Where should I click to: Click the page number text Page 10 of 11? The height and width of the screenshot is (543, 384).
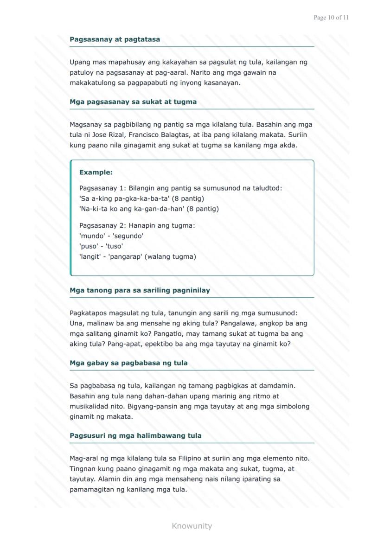tap(331, 18)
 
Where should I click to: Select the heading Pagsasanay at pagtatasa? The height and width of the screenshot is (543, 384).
tap(115, 39)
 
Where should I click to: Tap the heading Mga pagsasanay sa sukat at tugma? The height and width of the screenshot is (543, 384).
tap(133, 102)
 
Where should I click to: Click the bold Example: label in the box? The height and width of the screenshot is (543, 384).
tap(96, 172)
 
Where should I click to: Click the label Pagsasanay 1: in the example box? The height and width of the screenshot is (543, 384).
tap(102, 188)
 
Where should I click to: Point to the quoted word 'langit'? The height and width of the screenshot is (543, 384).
tap(90, 256)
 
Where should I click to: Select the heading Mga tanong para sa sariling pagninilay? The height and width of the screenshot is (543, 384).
tap(140, 291)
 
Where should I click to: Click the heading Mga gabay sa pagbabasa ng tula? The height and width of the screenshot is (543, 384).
tap(128, 363)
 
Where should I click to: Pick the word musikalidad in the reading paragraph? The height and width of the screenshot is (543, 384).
tap(90, 406)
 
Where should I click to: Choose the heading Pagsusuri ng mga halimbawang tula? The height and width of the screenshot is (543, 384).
tap(135, 436)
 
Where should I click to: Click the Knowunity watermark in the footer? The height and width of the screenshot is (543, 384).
tap(192, 526)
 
